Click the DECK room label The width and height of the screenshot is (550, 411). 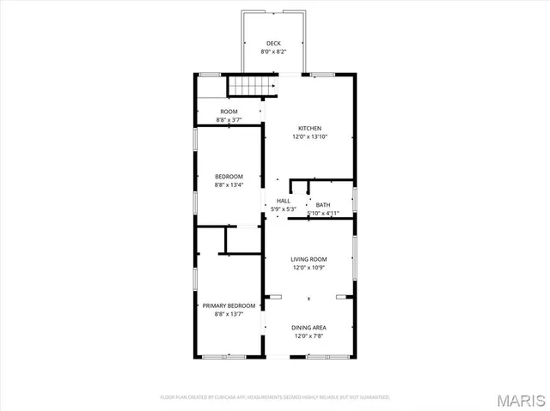273,43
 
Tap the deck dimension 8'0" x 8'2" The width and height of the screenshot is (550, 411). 273,51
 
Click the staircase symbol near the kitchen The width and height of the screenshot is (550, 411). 252,87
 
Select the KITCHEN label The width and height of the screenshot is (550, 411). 309,129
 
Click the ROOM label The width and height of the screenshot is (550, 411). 229,112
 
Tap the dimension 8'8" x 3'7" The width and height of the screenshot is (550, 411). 229,120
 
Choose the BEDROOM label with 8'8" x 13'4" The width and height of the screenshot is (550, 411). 229,176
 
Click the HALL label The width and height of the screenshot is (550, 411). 283,201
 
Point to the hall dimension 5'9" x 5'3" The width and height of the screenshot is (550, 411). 283,209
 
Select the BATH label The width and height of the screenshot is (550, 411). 323,204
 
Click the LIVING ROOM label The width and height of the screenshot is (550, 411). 309,258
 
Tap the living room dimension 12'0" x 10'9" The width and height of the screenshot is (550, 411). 309,267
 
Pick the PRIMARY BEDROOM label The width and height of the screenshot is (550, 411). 229,305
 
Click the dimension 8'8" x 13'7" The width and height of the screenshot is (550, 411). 229,314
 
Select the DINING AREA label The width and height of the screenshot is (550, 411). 309,327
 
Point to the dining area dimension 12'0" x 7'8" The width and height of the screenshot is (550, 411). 309,335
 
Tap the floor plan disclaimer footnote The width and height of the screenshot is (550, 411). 275,397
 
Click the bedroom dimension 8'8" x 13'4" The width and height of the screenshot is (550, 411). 229,184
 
